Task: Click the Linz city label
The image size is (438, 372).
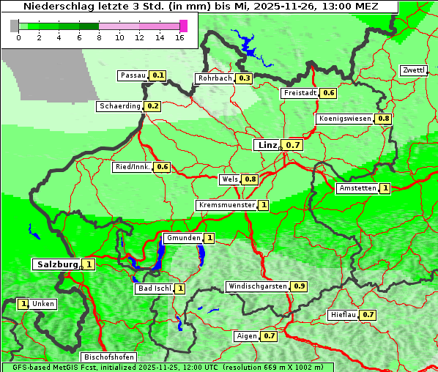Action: pyautogui.click(x=267, y=145)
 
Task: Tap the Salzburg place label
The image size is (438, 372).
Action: pyautogui.click(x=57, y=264)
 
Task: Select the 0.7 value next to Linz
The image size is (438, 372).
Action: pyautogui.click(x=293, y=145)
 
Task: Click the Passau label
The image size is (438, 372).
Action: pyautogui.click(x=133, y=75)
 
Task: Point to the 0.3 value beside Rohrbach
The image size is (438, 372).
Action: pyautogui.click(x=245, y=78)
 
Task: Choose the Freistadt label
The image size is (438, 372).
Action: pyautogui.click(x=300, y=93)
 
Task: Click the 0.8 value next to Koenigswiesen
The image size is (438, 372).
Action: pyautogui.click(x=384, y=119)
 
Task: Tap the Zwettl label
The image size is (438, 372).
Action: pyautogui.click(x=413, y=70)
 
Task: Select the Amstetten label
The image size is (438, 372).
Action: pyautogui.click(x=357, y=188)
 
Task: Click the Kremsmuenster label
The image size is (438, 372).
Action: pyautogui.click(x=226, y=205)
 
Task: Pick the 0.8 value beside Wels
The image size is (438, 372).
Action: pyautogui.click(x=250, y=179)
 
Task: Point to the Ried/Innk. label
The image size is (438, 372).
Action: pyautogui.click(x=133, y=167)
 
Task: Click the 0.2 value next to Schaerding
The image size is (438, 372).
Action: pyautogui.click(x=153, y=106)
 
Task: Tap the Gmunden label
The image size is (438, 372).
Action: pyautogui.click(x=182, y=238)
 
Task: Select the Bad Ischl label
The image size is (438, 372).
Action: pyautogui.click(x=154, y=289)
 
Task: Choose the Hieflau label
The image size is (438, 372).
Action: pyautogui.click(x=344, y=315)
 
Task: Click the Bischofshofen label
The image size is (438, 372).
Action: pyautogui.click(x=108, y=357)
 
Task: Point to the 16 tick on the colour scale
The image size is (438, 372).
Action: pyautogui.click(x=180, y=37)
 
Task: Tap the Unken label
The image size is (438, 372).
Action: pyautogui.click(x=43, y=304)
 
